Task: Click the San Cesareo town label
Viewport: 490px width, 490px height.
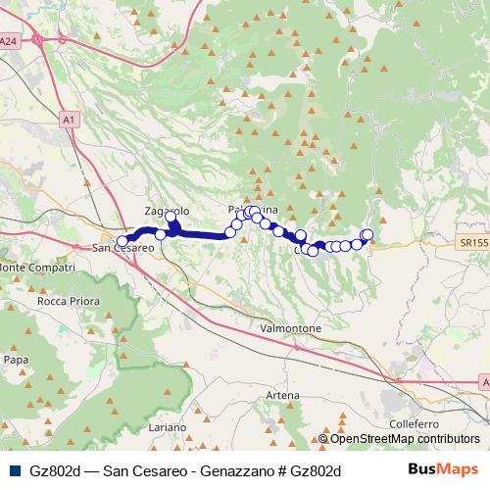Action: tap(124, 250)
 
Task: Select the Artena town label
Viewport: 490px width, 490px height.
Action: tap(282, 394)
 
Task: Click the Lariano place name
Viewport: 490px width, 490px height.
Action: tap(168, 428)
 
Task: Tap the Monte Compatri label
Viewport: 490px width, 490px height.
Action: tap(37, 268)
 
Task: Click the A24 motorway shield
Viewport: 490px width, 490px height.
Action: tap(9, 41)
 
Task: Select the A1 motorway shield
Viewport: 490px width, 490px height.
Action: tap(68, 119)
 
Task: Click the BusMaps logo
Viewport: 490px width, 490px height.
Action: tap(443, 470)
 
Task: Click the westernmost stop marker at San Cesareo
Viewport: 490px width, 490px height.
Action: tap(122, 241)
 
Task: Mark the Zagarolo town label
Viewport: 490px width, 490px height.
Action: tap(165, 212)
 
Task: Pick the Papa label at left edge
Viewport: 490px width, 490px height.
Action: tap(16, 360)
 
